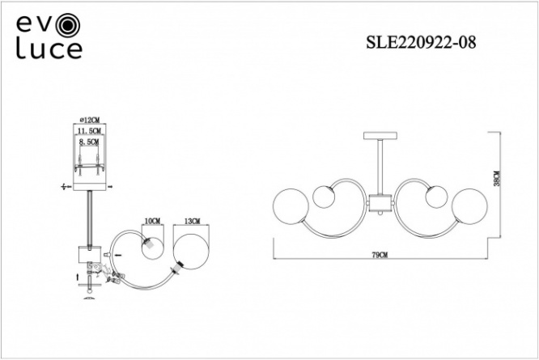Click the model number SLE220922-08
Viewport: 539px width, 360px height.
point(421,43)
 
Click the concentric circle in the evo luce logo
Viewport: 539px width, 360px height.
point(69,25)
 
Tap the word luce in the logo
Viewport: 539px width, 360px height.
point(49,50)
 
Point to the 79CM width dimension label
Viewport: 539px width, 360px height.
point(380,255)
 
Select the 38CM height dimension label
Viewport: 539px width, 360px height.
point(497,179)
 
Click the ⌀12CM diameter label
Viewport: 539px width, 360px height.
point(89,120)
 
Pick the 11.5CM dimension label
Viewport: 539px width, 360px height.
point(89,131)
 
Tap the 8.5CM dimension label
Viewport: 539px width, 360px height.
point(89,142)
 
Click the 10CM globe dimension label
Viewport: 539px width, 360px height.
point(153,221)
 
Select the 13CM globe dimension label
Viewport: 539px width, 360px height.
point(192,221)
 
